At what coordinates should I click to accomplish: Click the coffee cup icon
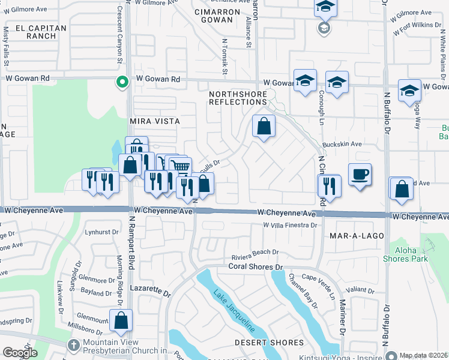pos(360,175)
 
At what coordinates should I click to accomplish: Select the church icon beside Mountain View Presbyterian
pos(73,346)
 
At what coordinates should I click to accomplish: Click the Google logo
pos(20,353)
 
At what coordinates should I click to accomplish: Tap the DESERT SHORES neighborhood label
pos(269,343)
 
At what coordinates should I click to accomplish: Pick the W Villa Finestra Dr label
pos(289,226)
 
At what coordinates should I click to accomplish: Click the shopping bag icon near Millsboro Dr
pos(121,320)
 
